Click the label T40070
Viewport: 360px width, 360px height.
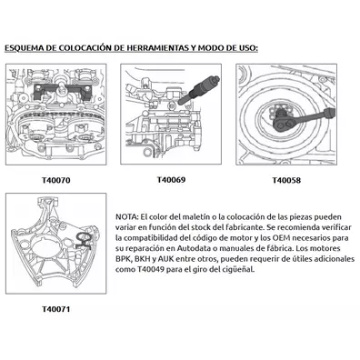56,180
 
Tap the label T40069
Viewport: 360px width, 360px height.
171,180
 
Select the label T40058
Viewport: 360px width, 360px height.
286,180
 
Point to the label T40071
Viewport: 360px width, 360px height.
56,309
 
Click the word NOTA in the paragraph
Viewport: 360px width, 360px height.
126,217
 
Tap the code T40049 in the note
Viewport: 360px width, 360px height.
150,269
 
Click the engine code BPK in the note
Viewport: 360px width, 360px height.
123,259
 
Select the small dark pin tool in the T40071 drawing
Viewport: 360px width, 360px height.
84,241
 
